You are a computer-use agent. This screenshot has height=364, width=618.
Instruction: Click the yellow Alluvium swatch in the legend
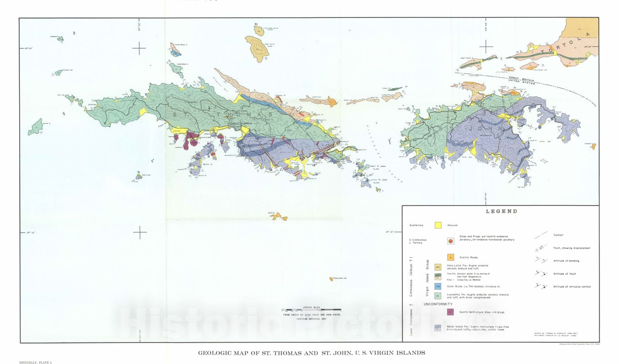pyautogui.click(x=438, y=225)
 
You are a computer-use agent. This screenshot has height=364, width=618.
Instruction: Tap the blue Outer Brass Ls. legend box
pyautogui.click(x=438, y=286)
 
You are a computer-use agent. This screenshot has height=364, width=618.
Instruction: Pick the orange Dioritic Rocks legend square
pyautogui.click(x=450, y=257)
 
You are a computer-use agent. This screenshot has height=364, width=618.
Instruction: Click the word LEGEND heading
pyautogui.click(x=501, y=211)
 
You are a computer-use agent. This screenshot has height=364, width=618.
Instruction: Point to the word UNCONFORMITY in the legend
pyautogui.click(x=438, y=304)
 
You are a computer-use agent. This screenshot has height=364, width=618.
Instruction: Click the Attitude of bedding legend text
pyautogui.click(x=566, y=261)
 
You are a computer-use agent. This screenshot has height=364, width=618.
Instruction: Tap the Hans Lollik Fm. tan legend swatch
pyautogui.click(x=438, y=267)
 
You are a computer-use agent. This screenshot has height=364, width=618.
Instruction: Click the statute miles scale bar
pyautogui.click(x=311, y=310)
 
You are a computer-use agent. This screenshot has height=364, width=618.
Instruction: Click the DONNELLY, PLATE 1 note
pyautogui.click(x=35, y=362)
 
